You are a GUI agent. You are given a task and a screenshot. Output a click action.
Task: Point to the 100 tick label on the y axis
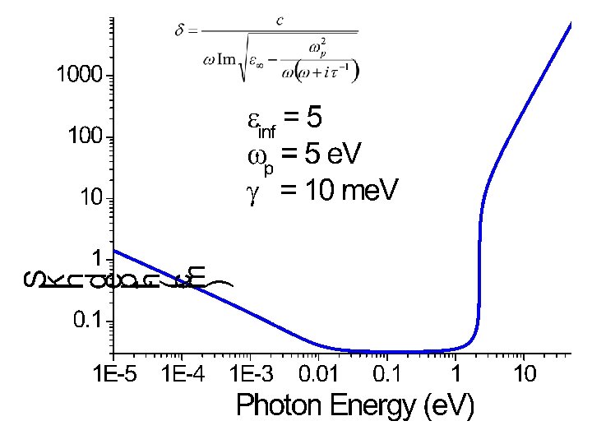pyautogui.click(x=85, y=136)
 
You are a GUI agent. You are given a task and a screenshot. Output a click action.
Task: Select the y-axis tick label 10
pyautogui.click(x=90, y=197)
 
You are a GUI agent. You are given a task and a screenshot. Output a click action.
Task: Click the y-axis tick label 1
pyautogui.click(x=96, y=258)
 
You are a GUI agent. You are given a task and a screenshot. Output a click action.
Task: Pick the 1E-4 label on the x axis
pyautogui.click(x=185, y=375)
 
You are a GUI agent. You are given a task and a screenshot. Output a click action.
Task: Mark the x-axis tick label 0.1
pyautogui.click(x=388, y=375)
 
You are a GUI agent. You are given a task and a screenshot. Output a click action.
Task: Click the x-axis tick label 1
pyautogui.click(x=456, y=375)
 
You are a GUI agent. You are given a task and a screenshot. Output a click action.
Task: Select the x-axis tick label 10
pyautogui.click(x=525, y=375)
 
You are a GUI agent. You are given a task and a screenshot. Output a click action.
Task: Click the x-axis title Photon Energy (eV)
pyautogui.click(x=354, y=405)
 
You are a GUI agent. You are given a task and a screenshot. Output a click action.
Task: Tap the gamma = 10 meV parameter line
pyautogui.click(x=321, y=191)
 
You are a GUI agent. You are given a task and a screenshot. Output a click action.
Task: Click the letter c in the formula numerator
pyautogui.click(x=280, y=21)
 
